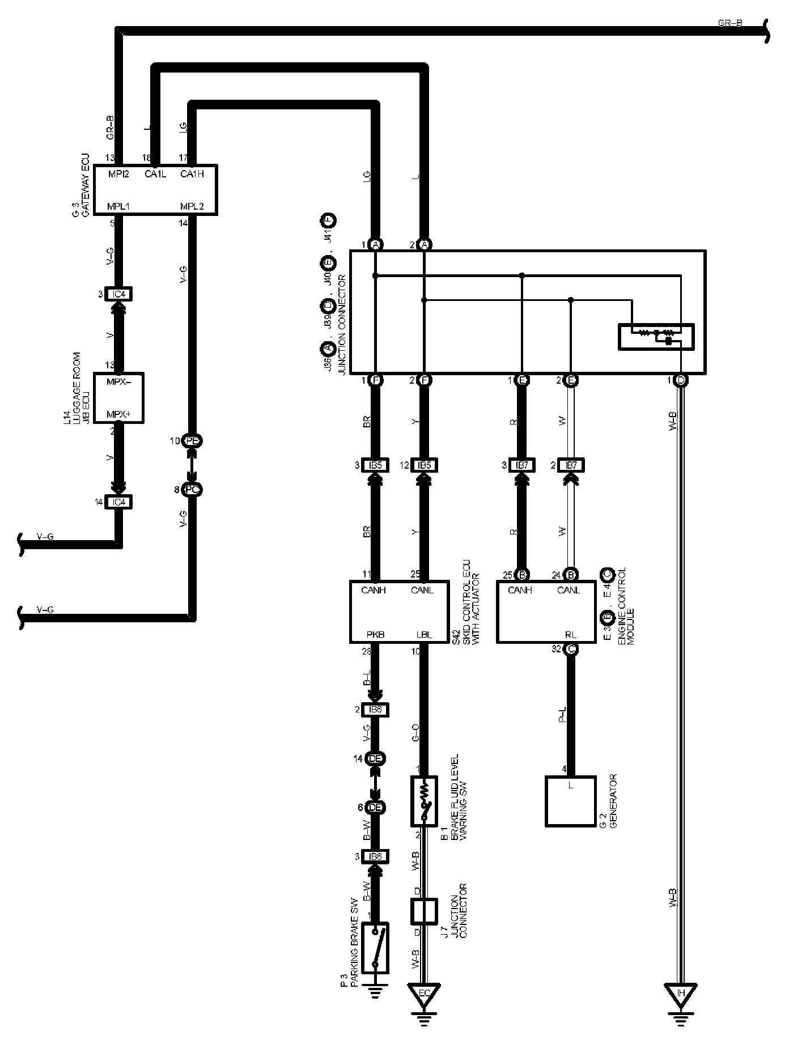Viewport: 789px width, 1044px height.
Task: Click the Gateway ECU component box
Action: click(155, 190)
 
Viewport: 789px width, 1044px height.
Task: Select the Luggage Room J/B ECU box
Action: click(118, 398)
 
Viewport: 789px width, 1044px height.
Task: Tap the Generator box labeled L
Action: click(570, 801)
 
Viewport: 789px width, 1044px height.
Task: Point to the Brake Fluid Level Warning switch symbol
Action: click(423, 801)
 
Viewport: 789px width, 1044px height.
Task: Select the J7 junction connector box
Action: click(423, 911)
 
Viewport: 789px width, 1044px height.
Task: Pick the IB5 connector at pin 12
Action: click(423, 465)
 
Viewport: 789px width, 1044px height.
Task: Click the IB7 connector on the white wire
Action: click(571, 465)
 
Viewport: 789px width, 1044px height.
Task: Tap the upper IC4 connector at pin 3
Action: click(118, 294)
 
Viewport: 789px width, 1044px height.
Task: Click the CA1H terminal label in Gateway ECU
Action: click(192, 174)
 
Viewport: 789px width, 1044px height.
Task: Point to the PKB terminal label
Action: click(375, 635)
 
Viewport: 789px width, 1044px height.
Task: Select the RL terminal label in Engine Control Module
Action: click(570, 635)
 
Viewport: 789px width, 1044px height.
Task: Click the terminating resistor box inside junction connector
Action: click(656, 337)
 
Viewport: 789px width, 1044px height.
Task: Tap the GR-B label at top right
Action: click(729, 23)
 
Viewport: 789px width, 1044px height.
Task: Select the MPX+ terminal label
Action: click(118, 415)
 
